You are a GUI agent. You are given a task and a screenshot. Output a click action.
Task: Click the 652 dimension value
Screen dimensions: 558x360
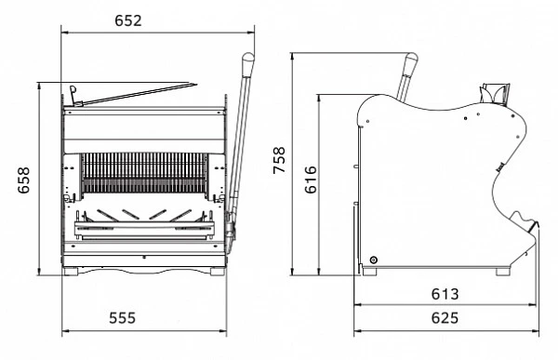click(128, 20)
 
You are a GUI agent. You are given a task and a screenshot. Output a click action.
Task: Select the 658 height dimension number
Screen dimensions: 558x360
click(24, 180)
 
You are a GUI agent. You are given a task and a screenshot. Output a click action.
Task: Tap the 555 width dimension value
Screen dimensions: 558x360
click(123, 317)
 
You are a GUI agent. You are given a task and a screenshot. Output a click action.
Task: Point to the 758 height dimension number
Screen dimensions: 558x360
click(279, 160)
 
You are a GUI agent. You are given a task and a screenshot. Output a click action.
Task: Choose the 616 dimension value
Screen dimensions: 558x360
click(311, 180)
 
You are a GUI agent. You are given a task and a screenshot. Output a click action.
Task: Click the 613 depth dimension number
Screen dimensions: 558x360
click(445, 294)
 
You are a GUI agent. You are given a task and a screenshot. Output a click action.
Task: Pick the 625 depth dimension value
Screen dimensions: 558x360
click(445, 317)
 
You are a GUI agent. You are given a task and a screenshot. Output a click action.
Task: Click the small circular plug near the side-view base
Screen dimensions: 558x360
click(373, 260)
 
